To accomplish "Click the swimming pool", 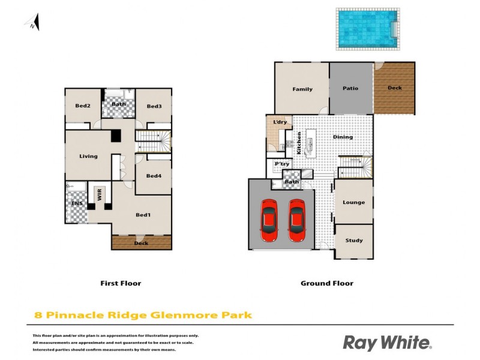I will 367,28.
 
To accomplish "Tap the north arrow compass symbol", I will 33,23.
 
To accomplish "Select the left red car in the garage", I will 269,220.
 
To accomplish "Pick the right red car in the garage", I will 296,220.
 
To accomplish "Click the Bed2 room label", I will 83,106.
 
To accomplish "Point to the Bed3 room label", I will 154,106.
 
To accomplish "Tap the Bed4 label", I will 154,176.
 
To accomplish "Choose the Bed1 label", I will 143,215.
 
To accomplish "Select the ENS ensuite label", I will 77,204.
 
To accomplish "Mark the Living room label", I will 88,157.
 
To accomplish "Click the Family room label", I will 302,89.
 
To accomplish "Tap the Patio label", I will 350,89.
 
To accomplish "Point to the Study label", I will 354,241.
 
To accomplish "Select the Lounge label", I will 353,202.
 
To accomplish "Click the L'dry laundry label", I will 280,123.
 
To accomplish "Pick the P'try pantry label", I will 281,164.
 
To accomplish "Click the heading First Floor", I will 121,283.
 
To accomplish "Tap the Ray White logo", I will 387,343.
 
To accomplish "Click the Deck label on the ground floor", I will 395,88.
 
